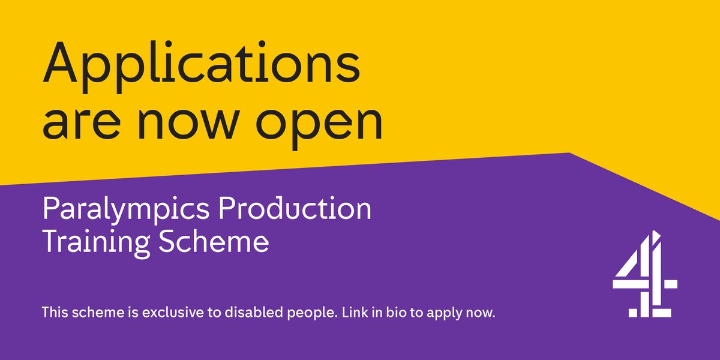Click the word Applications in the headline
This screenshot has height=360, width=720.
click(x=201, y=65)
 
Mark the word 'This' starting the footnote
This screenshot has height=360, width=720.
click(x=53, y=313)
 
